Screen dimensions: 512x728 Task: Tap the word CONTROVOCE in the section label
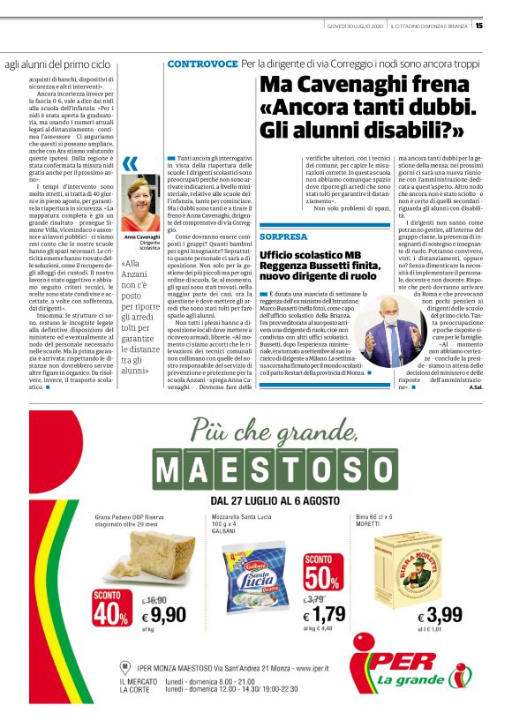point(202,64)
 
